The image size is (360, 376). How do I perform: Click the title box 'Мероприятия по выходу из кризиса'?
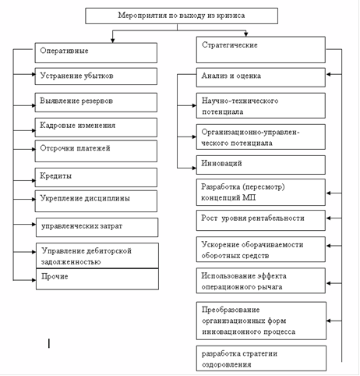[x=182, y=16]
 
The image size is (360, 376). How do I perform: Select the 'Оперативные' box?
[x=96, y=53]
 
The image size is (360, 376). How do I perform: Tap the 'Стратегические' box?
[x=261, y=50]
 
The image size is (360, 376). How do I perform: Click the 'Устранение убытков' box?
[x=96, y=76]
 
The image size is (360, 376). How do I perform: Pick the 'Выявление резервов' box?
[x=96, y=102]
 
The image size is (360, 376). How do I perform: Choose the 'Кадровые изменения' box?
[x=96, y=127]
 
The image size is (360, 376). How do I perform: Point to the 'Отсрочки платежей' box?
[x=96, y=151]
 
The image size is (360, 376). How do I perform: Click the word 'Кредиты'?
[x=55, y=176]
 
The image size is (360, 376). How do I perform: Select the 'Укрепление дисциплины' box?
[x=96, y=201]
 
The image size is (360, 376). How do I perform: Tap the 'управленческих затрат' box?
[x=97, y=228]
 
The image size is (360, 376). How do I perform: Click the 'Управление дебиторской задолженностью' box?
[x=97, y=256]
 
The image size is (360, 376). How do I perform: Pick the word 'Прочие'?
[x=55, y=276]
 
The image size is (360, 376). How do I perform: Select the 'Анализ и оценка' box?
[x=261, y=77]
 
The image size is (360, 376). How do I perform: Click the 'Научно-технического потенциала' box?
[x=261, y=105]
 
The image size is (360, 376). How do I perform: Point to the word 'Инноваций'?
[x=221, y=163]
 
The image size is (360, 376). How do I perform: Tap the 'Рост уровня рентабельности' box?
[x=261, y=221]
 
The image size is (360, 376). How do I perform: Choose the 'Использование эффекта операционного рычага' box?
[x=261, y=281]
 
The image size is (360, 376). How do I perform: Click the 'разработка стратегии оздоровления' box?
[x=261, y=358]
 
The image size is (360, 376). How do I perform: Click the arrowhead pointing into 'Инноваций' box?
[x=194, y=168]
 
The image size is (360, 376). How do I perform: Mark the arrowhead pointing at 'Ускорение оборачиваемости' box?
[x=328, y=246]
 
